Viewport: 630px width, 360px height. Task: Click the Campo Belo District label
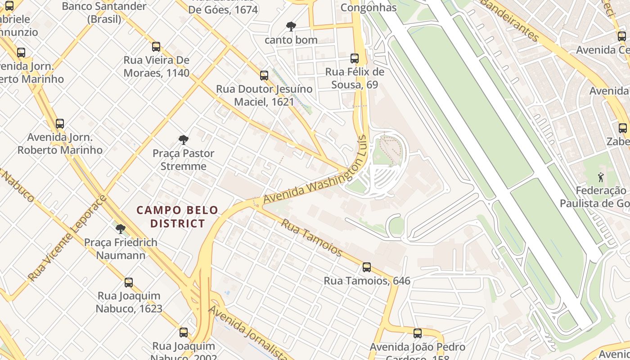tap(177, 216)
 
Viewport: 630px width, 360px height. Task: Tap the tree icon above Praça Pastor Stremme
tap(183, 139)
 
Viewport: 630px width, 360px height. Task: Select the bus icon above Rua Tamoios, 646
tap(367, 267)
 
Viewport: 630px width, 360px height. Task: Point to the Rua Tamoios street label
tap(311, 237)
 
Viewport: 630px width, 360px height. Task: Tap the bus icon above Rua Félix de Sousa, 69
tap(355, 58)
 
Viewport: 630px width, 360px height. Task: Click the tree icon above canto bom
tap(291, 27)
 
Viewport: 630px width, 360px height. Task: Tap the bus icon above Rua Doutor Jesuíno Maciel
tap(264, 75)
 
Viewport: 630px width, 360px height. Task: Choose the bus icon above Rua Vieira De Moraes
tap(156, 46)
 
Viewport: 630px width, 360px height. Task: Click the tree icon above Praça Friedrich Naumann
tap(120, 229)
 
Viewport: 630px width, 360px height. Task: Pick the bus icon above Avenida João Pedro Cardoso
tap(418, 333)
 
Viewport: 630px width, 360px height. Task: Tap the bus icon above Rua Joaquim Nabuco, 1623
tap(129, 283)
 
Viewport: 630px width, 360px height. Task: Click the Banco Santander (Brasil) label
tap(104, 13)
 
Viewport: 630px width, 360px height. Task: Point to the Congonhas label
tap(369, 7)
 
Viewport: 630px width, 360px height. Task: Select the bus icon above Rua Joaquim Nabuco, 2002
tap(184, 333)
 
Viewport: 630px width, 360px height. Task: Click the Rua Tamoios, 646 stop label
tap(367, 281)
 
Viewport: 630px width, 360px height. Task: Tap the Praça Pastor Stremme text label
tap(183, 160)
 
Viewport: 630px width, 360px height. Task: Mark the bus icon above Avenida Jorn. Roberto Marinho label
tap(60, 123)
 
